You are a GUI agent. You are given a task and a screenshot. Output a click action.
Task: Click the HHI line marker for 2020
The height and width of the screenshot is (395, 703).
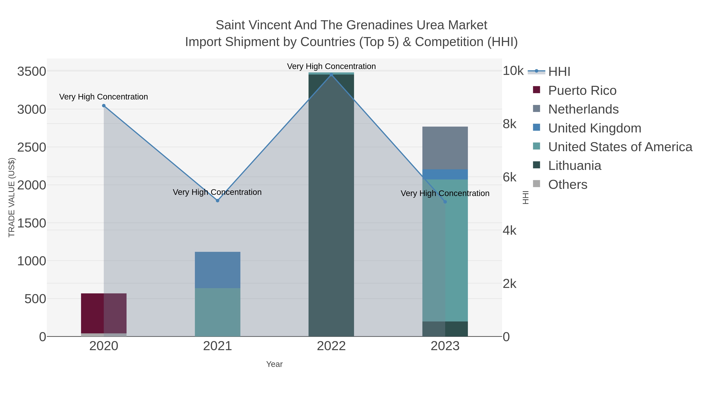click(x=104, y=106)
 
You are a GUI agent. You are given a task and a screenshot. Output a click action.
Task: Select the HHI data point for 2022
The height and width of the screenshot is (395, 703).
click(x=331, y=75)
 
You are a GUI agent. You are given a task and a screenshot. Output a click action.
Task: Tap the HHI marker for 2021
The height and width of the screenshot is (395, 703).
click(x=218, y=201)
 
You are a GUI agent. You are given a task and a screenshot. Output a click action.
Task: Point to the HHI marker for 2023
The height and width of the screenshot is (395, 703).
click(x=445, y=202)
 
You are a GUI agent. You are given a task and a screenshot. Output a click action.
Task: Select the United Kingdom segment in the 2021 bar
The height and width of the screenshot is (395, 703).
click(x=218, y=270)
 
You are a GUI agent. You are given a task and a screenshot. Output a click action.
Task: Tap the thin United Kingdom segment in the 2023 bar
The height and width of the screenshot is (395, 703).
click(x=445, y=174)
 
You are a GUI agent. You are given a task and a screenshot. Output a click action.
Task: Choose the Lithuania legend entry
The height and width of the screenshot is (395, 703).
click(x=575, y=166)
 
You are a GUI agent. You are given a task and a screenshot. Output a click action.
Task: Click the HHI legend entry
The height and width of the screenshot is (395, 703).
click(x=559, y=71)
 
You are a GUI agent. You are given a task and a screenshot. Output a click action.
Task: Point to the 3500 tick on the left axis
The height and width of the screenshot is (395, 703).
click(x=31, y=72)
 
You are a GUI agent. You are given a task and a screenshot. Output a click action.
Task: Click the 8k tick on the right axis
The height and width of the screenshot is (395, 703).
click(x=509, y=124)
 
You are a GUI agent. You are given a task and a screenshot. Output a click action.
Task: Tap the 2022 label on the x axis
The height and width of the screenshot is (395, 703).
click(x=331, y=346)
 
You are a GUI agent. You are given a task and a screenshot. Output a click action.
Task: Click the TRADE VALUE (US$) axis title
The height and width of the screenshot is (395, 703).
click(x=12, y=197)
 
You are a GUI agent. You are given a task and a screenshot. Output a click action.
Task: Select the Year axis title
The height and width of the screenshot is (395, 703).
click(x=274, y=364)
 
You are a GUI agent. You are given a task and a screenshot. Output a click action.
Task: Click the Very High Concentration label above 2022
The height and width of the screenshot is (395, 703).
click(x=331, y=66)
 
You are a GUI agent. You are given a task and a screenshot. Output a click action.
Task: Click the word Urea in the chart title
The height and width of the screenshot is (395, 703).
click(x=430, y=25)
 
